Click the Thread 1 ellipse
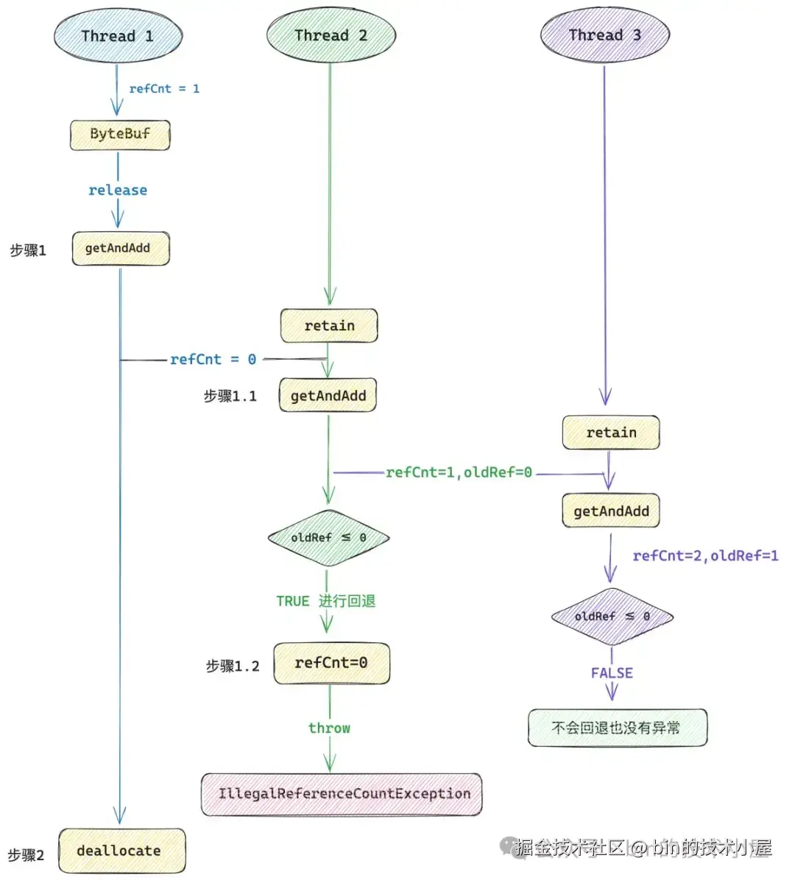[118, 36]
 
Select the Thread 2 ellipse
[331, 35]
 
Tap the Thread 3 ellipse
[604, 35]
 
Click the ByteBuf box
[120, 135]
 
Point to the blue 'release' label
[118, 191]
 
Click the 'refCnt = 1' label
[164, 89]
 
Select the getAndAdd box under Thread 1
[120, 249]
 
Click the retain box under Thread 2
[329, 326]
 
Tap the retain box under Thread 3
[611, 433]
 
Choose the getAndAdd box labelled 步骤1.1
[328, 396]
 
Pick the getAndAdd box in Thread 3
[611, 511]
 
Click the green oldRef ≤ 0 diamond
[328, 538]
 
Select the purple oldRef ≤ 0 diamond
[612, 617]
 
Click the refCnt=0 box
[331, 663]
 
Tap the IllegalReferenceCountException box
[342, 795]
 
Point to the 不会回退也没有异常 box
[617, 728]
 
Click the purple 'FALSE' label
[612, 673]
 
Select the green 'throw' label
[329, 728]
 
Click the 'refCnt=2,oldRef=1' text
[705, 556]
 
